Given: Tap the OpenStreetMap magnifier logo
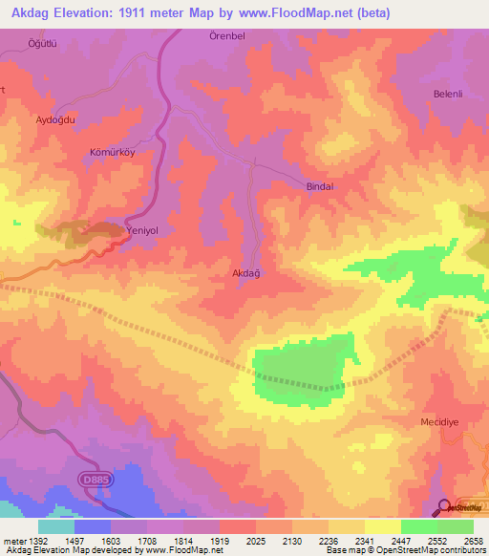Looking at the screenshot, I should pyautogui.click(x=442, y=507).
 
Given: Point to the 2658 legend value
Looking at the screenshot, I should pyautogui.click(x=472, y=541).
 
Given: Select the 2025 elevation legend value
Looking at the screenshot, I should pyautogui.click(x=255, y=541).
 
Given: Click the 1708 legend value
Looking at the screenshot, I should pyautogui.click(x=146, y=541).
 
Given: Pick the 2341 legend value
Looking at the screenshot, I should pyautogui.click(x=364, y=541).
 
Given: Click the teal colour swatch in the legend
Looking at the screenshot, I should pyautogui.click(x=55, y=526).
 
